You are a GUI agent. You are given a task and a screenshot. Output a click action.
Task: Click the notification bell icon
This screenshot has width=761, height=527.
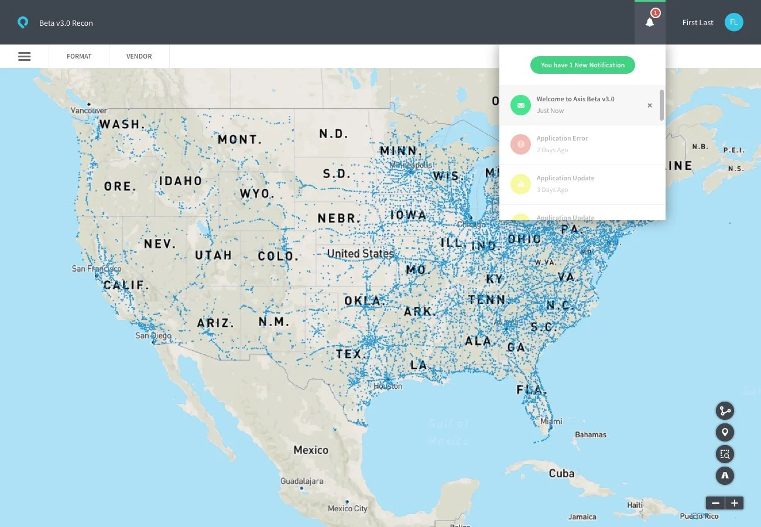pos(650,22)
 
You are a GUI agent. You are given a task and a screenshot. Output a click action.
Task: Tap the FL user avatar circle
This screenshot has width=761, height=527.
pos(733,22)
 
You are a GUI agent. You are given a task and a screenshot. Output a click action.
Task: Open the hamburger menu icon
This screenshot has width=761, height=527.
pos(25,56)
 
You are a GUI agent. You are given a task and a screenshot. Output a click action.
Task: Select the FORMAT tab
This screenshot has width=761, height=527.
pos(79,56)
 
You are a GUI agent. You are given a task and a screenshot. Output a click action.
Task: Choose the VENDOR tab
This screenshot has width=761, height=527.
pos(139,56)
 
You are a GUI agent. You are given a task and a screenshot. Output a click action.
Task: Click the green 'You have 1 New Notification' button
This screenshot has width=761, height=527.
pos(582,65)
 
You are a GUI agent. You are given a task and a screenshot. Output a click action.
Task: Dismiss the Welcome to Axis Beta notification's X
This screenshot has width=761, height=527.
pos(649,105)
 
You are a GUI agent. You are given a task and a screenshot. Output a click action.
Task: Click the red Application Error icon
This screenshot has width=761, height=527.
pos(520,144)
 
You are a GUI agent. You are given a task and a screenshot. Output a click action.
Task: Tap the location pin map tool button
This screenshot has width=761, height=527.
pos(725,433)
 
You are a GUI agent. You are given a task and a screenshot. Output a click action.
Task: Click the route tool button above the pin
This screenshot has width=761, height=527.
pos(725,411)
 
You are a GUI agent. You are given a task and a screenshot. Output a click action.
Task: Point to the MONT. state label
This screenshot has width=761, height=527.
pos(240,139)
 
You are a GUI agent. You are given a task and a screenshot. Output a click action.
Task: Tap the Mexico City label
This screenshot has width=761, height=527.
pos(348,508)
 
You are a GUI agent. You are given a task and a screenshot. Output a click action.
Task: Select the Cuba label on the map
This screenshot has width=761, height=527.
pos(561,473)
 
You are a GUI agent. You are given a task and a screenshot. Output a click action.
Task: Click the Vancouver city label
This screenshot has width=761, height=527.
pos(89,110)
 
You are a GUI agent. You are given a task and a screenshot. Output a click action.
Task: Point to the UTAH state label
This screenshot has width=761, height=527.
pos(213,255)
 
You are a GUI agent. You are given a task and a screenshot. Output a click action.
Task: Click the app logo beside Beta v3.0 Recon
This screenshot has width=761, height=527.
pos(23,23)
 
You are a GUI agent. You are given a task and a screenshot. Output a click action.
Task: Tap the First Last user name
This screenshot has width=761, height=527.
pos(698,23)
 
